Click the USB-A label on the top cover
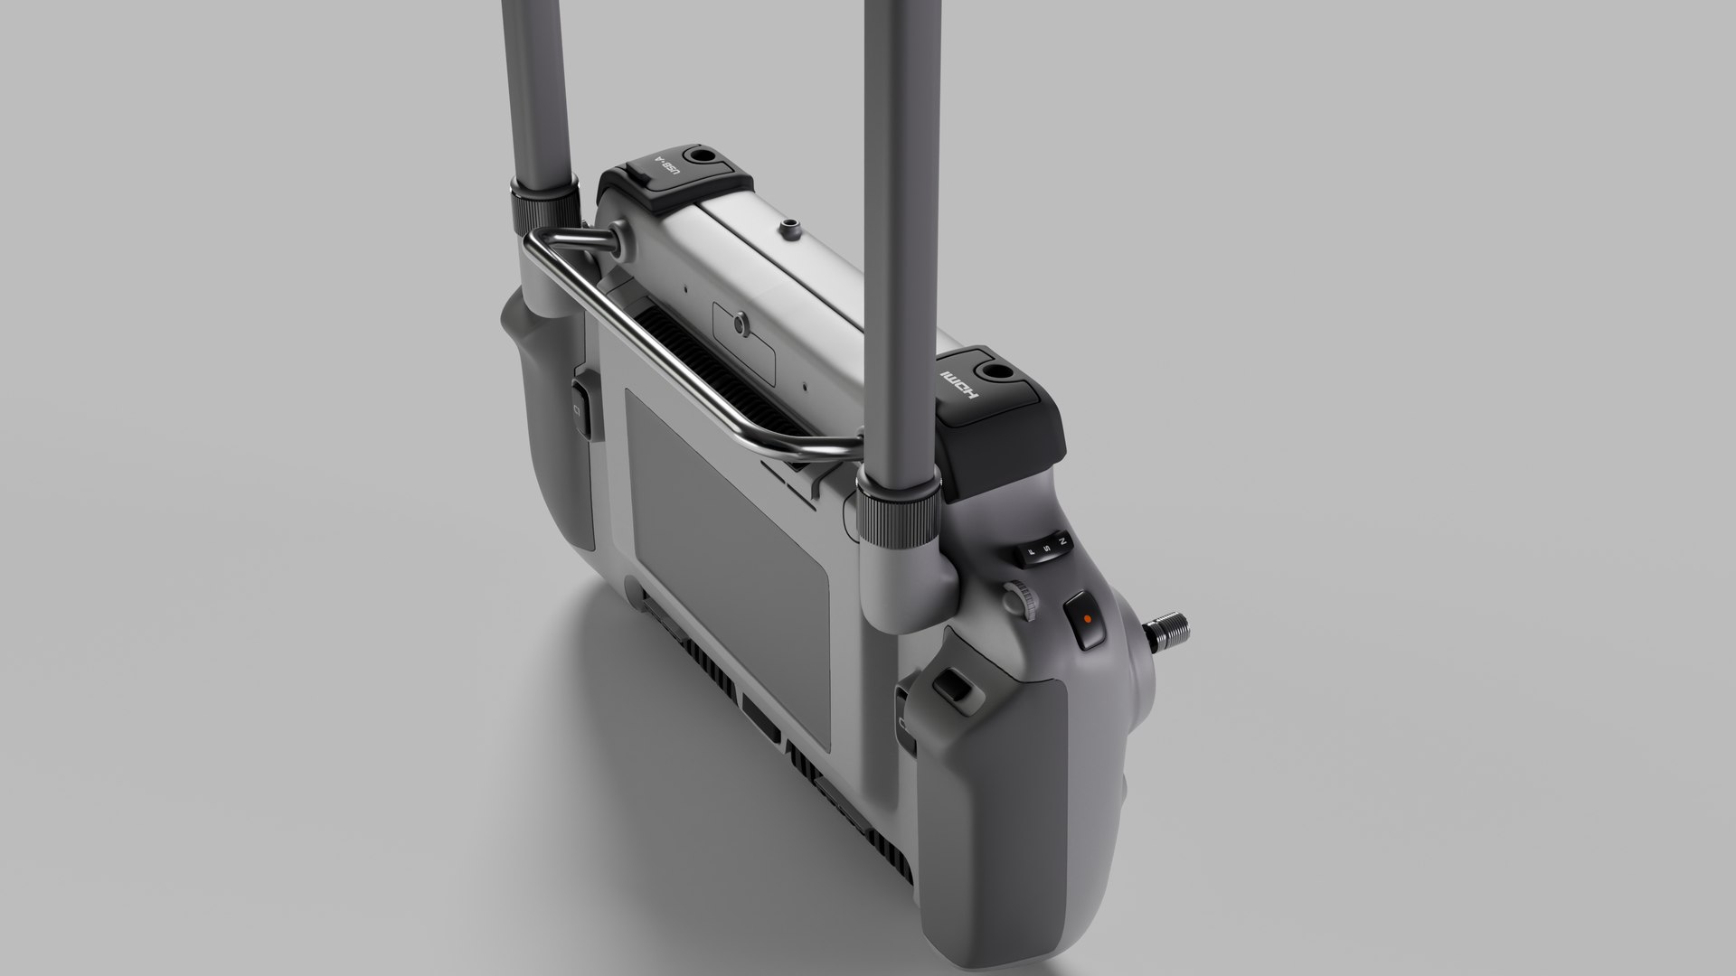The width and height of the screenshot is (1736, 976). (x=666, y=169)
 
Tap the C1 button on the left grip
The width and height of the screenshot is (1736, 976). (x=581, y=412)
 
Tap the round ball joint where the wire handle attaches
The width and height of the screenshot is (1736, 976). (x=618, y=237)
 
